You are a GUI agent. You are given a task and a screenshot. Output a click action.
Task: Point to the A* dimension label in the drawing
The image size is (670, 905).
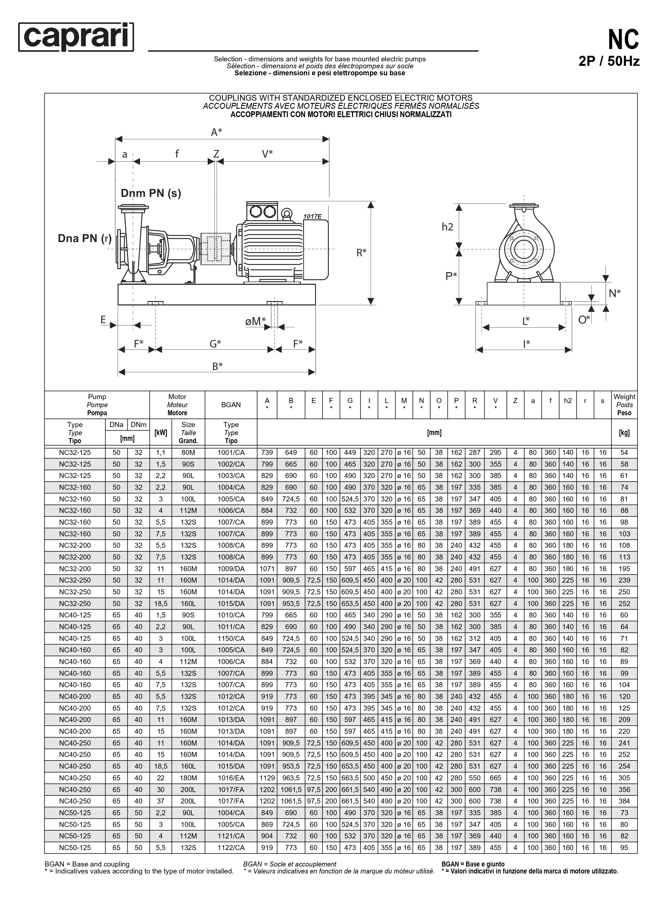pyautogui.click(x=217, y=132)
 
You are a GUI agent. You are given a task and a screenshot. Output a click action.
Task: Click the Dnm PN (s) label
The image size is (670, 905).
pyautogui.click(x=151, y=193)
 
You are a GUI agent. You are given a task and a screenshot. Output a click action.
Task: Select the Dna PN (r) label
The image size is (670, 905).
pyautogui.click(x=84, y=238)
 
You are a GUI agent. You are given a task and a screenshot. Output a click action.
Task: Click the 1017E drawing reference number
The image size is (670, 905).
pyautogui.click(x=312, y=217)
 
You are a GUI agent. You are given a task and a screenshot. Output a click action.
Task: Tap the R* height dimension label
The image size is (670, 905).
pyautogui.click(x=361, y=252)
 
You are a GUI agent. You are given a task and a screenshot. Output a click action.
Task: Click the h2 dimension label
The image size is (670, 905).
pyautogui.click(x=447, y=227)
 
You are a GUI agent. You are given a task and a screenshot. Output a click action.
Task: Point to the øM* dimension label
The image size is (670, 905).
pyautogui.click(x=255, y=321)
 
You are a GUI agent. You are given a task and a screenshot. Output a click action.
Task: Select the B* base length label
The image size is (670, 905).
pyautogui.click(x=217, y=366)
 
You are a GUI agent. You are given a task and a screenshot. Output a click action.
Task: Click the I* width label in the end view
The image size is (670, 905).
pyautogui.click(x=526, y=344)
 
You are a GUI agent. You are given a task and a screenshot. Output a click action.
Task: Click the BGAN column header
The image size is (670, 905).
pyautogui.click(x=231, y=404)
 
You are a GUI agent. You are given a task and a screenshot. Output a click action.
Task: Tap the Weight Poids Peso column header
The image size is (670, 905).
pyautogui.click(x=624, y=404)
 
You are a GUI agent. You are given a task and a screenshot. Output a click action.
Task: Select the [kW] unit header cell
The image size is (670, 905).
pyautogui.click(x=161, y=433)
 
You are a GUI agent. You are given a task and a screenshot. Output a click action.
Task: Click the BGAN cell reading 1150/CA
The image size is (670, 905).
pyautogui.click(x=231, y=638)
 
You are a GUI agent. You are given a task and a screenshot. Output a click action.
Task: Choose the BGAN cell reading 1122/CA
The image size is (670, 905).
pyautogui.click(x=231, y=847)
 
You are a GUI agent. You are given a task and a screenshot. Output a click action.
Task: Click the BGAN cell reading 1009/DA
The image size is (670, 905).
pyautogui.click(x=231, y=569)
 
